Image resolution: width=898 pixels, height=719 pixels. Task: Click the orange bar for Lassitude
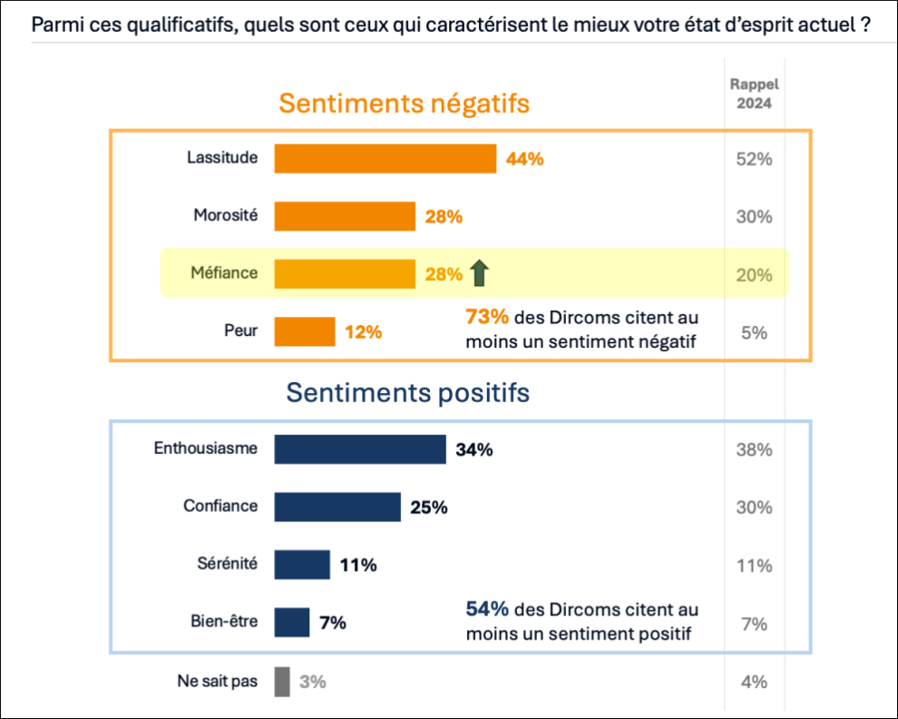coord(385,159)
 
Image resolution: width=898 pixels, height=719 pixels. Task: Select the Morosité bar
coord(345,216)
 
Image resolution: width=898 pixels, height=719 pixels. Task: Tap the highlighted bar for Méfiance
coord(345,273)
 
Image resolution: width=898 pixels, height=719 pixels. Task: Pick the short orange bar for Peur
coord(305,331)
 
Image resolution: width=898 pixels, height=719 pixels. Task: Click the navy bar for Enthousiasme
coord(360,448)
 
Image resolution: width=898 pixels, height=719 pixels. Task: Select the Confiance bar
coord(337,507)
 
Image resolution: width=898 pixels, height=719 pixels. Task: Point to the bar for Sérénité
coord(302,565)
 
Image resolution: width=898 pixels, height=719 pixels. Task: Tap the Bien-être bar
coord(292,623)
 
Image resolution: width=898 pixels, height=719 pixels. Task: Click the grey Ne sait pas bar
coord(282,681)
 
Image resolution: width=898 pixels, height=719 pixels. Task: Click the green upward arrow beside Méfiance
coord(480,272)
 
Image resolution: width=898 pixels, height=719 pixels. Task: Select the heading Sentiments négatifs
coord(404,103)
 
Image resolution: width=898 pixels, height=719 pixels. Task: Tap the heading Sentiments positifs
coord(408,393)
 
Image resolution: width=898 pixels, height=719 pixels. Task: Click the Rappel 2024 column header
coord(754,94)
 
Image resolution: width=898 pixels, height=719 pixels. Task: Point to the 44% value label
coord(525,159)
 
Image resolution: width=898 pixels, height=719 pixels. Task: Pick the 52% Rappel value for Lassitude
coord(754,160)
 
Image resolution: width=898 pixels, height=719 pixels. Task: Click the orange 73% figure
coord(485,319)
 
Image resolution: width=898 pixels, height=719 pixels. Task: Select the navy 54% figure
coord(487,610)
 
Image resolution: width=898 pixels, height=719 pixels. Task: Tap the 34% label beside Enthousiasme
coord(474,448)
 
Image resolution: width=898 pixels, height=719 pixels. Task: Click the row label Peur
coord(240,331)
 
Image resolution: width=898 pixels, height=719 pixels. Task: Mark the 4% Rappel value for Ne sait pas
coord(754,682)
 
